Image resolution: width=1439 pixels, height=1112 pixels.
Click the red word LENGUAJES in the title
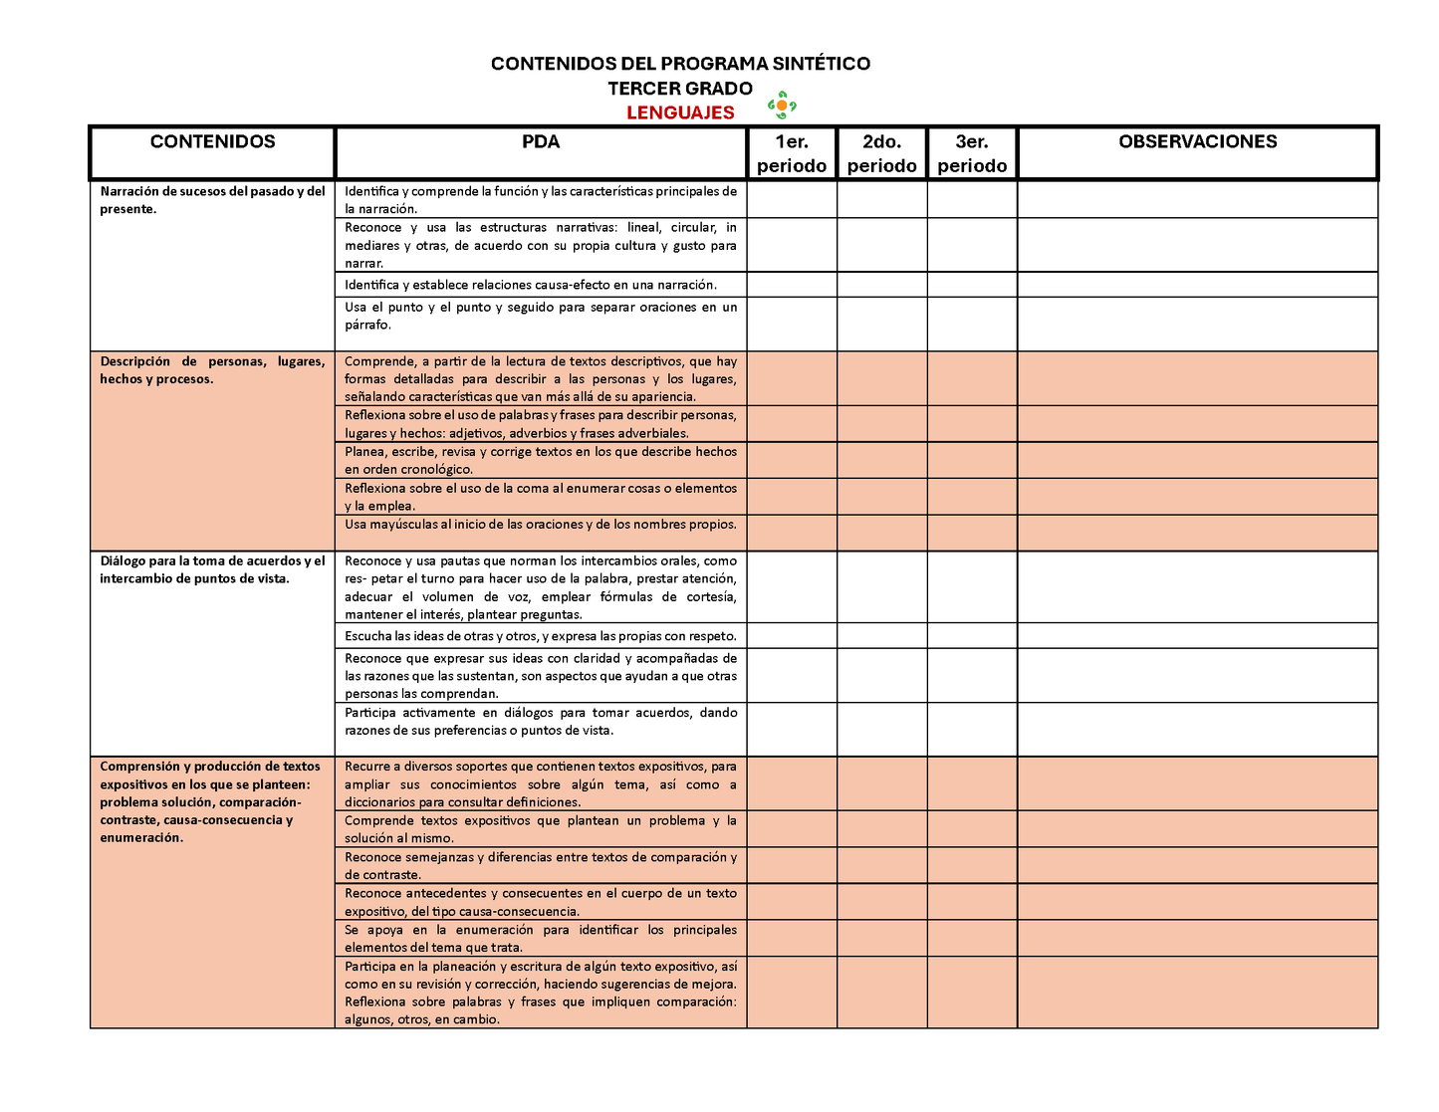point(680,112)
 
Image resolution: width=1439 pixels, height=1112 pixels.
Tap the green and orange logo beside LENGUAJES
point(782,105)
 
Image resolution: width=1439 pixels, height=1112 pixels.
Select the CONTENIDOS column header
point(212,142)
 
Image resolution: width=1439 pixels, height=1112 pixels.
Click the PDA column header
point(541,142)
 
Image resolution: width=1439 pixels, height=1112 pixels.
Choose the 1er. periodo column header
point(792,153)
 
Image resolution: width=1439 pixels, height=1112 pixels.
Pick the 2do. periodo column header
point(881,153)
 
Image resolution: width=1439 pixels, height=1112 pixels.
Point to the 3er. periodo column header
point(972,153)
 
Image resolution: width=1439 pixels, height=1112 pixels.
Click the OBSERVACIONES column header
point(1197,142)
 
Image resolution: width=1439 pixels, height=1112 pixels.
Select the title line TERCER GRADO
point(680,89)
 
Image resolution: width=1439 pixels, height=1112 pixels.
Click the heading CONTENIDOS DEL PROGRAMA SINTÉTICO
point(680,64)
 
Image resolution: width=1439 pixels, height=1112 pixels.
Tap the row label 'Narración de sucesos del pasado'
point(212,200)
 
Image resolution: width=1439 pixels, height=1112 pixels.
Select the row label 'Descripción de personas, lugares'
point(212,370)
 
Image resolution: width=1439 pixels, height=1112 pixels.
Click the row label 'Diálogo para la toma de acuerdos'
point(212,569)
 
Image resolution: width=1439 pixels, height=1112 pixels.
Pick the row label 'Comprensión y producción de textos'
point(210,801)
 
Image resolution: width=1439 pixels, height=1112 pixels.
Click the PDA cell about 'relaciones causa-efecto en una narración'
point(531,285)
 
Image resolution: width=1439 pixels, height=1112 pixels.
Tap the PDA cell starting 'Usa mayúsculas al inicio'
point(541,525)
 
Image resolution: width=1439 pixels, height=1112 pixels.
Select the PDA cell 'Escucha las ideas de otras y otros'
point(541,636)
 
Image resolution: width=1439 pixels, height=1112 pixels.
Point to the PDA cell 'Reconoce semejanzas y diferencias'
point(541,866)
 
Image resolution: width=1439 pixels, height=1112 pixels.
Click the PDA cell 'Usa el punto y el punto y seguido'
point(541,316)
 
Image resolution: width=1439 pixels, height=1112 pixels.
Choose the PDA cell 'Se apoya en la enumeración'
point(541,939)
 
